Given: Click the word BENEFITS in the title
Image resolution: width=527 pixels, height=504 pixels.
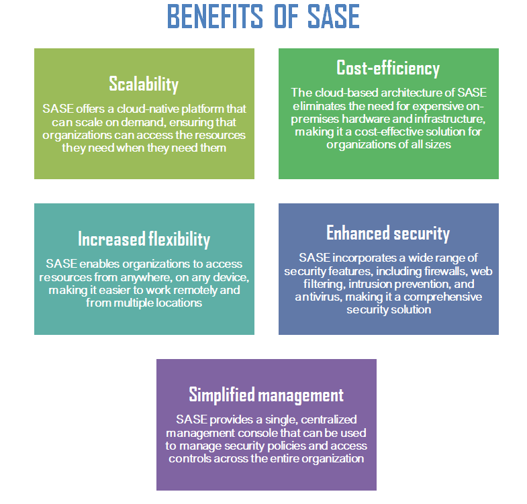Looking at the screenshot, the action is [x=215, y=17].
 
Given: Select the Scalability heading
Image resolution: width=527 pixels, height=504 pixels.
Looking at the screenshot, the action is [x=144, y=84].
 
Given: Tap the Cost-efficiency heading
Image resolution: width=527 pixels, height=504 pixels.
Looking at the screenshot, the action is [x=388, y=68].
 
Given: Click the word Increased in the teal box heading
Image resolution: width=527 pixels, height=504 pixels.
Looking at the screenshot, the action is [x=111, y=239].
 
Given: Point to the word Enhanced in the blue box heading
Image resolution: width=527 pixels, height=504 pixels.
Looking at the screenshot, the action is [x=358, y=233].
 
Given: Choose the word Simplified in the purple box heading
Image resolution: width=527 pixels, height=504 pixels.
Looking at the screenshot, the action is [x=222, y=395].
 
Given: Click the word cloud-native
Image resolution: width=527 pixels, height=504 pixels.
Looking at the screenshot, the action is [x=148, y=109].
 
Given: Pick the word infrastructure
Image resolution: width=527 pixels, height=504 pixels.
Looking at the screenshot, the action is [x=450, y=119].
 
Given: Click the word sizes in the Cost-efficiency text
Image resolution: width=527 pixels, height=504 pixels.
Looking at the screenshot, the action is [x=437, y=145].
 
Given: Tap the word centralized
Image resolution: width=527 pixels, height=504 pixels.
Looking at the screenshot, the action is [x=329, y=420].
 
